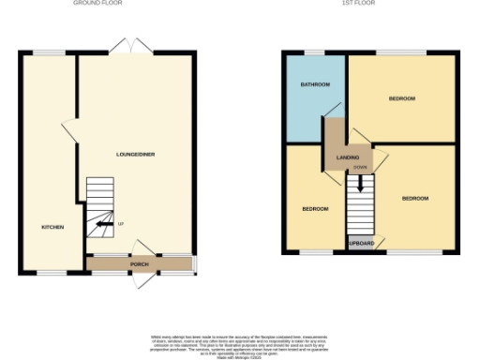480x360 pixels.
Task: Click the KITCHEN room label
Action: [52, 228]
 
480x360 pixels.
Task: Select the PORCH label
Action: [139, 264]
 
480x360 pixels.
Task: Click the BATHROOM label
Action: [315, 85]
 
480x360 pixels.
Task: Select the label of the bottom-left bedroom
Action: [314, 208]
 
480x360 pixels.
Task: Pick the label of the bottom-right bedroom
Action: [415, 199]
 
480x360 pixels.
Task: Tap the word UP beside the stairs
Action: [119, 223]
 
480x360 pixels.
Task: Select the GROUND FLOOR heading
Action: [98, 4]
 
